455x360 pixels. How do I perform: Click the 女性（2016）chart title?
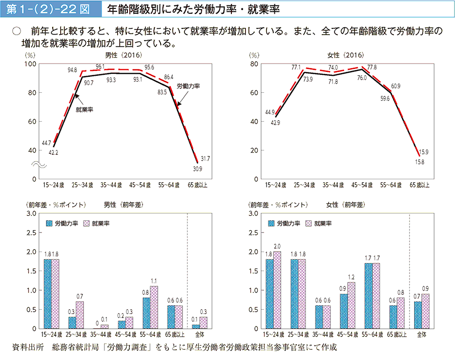point(345,56)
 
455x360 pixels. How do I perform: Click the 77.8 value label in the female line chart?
point(372,67)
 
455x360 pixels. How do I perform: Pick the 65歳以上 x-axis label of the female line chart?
point(419,185)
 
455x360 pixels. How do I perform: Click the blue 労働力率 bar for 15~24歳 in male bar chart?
point(47,294)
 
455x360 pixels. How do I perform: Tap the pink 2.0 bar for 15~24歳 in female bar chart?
point(277,290)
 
